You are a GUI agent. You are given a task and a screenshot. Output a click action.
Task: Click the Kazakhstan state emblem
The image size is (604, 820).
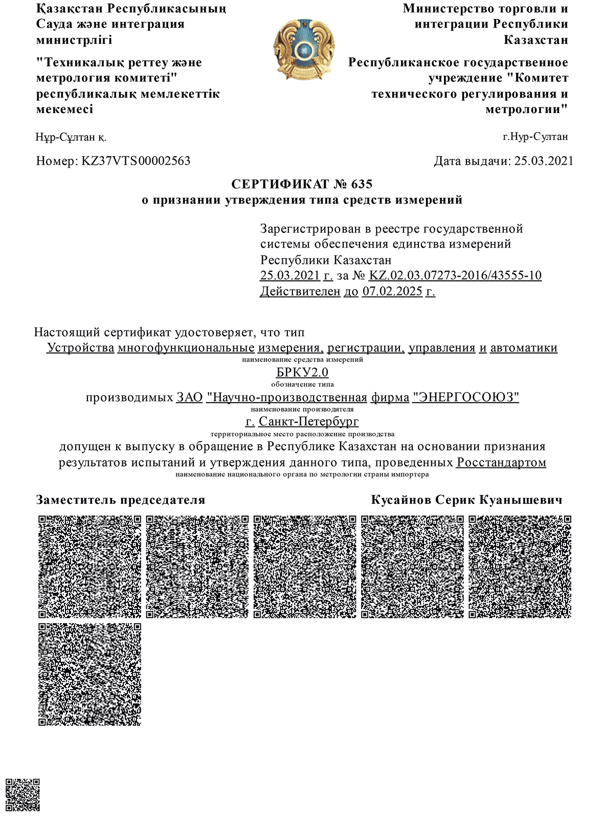click(x=304, y=50)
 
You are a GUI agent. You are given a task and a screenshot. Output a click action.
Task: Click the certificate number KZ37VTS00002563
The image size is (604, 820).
click(x=136, y=161)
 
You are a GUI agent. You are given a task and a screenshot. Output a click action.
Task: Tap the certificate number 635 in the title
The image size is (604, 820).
click(x=362, y=184)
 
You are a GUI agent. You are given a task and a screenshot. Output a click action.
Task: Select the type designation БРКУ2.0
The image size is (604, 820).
click(x=302, y=372)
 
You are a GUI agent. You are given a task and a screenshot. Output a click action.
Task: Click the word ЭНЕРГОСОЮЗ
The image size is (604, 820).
click(x=465, y=397)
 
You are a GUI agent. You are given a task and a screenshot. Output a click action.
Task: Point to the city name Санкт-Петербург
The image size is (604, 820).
click(x=308, y=422)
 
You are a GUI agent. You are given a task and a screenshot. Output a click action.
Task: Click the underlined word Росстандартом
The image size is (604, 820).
click(x=501, y=462)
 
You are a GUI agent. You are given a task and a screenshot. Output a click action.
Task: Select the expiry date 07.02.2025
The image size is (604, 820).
click(x=392, y=292)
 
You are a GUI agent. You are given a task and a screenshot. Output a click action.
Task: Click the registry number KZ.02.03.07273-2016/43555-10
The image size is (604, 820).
click(x=455, y=275)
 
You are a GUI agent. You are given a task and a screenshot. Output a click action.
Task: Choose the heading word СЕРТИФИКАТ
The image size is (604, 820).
click(x=280, y=184)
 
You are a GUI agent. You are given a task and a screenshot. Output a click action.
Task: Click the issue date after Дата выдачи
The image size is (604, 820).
click(x=544, y=161)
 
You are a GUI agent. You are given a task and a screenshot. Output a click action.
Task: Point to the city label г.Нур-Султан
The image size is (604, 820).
click(x=535, y=137)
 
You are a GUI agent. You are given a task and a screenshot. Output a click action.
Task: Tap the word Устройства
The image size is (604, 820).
click(x=80, y=348)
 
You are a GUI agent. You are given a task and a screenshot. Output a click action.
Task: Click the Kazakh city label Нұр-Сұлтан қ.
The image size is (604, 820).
click(x=72, y=137)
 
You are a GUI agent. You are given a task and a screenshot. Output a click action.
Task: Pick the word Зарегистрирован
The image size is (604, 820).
click(x=310, y=229)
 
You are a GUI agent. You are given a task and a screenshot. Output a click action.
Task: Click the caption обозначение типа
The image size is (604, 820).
click(x=302, y=384)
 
